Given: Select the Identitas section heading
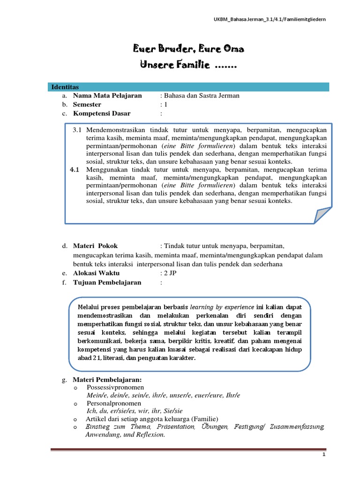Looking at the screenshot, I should (65, 87).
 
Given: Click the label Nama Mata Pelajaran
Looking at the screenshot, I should (107, 96).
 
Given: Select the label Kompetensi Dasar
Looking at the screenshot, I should (102, 113).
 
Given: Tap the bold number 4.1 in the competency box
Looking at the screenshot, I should (75, 169).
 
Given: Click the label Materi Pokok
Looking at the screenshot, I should (96, 246).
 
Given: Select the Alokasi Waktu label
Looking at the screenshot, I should (97, 273).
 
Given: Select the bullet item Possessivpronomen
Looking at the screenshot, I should (115, 387).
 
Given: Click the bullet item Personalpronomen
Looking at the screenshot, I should (113, 403).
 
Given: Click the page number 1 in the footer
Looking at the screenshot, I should (323, 455).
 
